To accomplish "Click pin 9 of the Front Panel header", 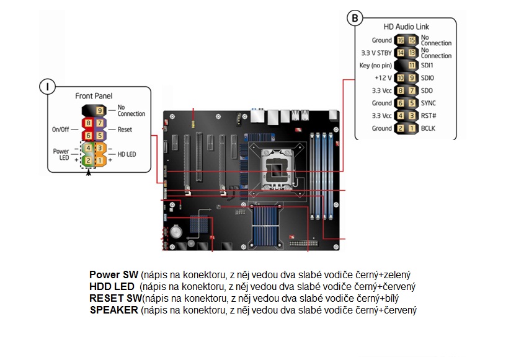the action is (100, 111).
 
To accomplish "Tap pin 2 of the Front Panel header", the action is (88, 160).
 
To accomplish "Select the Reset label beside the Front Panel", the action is (125, 130).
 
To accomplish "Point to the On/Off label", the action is (61, 130).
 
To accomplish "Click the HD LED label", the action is (127, 154).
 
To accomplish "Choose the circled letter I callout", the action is (48, 87).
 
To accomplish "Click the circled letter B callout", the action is (355, 18).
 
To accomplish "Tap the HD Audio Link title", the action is (406, 27).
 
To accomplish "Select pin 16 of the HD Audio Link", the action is (401, 40).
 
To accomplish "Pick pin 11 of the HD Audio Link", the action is (412, 66).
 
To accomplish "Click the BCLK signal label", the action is (428, 128).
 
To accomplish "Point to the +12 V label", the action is (383, 78).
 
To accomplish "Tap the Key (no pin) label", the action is (375, 66).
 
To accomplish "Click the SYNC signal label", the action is (429, 103).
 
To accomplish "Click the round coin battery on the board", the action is (176, 232).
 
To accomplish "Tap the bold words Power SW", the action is (113, 274).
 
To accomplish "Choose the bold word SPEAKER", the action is (114, 310).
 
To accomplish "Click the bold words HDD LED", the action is (112, 286).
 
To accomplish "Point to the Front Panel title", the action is (94, 96).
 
